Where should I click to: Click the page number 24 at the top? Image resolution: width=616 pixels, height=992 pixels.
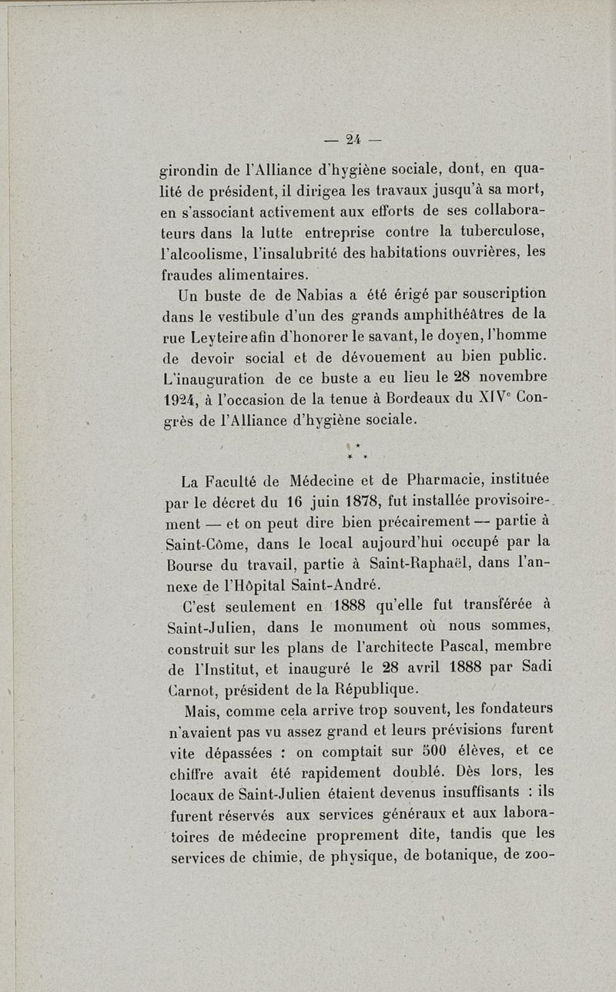[353, 139]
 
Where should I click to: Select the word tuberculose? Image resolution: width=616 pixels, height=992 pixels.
[503, 232]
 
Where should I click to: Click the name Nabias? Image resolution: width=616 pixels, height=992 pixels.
[302, 293]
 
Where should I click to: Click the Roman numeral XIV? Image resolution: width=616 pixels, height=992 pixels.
[488, 398]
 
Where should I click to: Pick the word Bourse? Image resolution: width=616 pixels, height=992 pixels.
[187, 565]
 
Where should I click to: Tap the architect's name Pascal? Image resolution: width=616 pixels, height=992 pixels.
[447, 645]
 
